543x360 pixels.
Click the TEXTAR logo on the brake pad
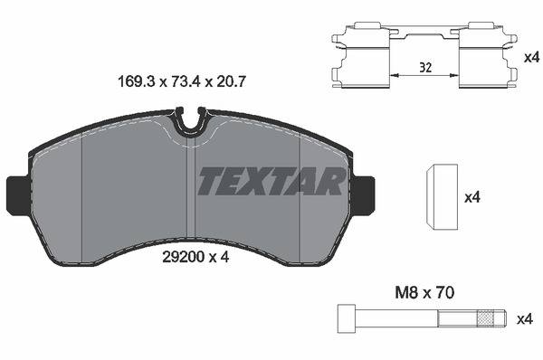click(x=271, y=181)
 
